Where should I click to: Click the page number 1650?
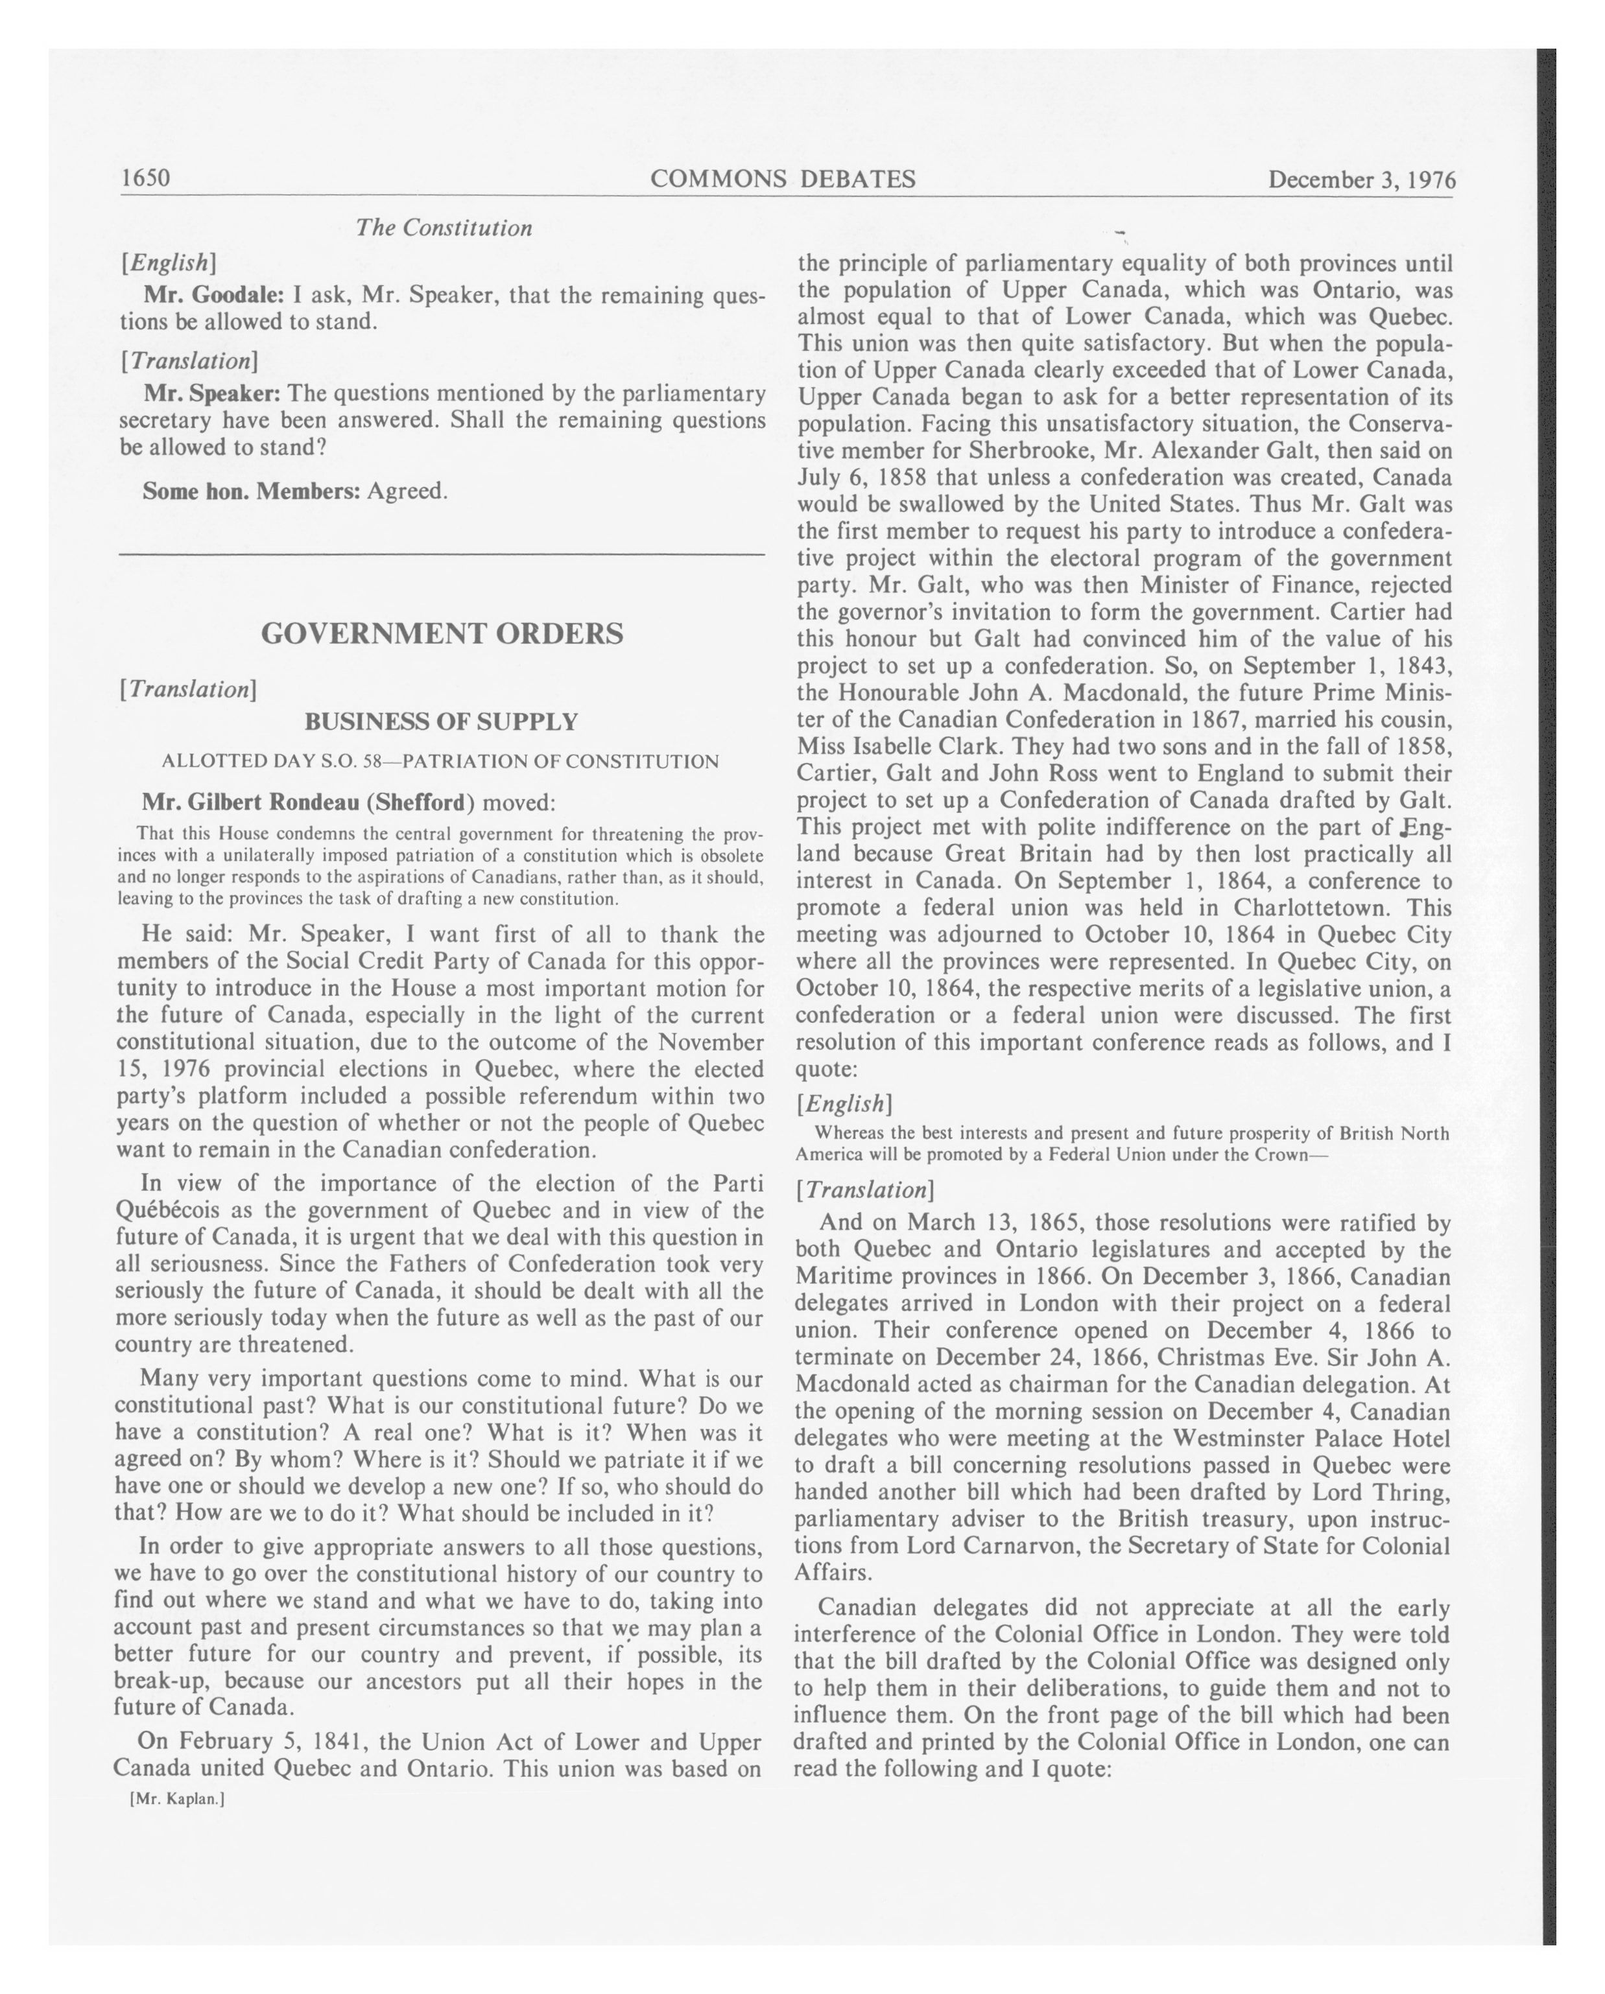[x=146, y=178]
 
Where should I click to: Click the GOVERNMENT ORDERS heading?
[x=442, y=633]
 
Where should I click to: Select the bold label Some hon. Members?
[x=251, y=491]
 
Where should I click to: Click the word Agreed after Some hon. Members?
[x=407, y=491]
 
